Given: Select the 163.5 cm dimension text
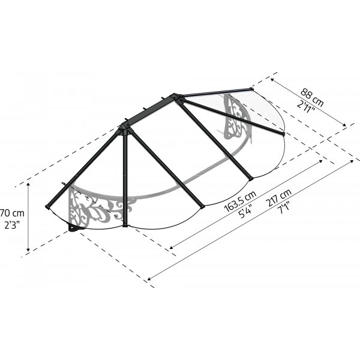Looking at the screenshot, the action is [240, 202].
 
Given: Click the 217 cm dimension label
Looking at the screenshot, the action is [278, 197].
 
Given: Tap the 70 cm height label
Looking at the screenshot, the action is [12, 213].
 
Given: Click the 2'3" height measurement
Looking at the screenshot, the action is [12, 226].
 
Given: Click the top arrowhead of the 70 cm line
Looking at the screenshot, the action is [28, 184].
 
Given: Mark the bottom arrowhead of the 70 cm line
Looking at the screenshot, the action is [28, 250].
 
